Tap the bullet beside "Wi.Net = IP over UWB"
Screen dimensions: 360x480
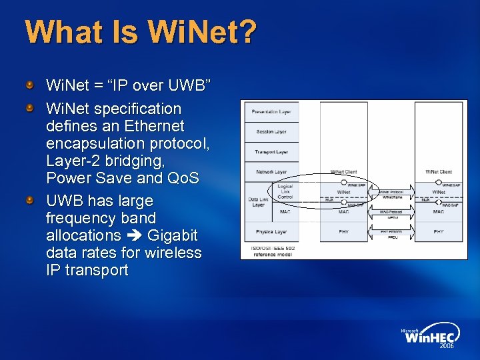click(x=29, y=87)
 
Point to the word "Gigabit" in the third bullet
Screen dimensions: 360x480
click(x=173, y=235)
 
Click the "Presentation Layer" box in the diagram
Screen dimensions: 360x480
click(x=271, y=111)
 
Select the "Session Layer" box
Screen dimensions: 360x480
click(x=271, y=132)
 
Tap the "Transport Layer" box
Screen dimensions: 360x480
click(x=271, y=152)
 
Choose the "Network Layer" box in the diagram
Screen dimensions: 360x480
click(x=271, y=172)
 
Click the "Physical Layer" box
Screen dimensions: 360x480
click(x=271, y=232)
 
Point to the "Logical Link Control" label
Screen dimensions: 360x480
click(x=285, y=192)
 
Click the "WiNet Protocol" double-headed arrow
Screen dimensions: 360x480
click(x=392, y=192)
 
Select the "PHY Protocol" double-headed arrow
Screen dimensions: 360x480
click(x=392, y=232)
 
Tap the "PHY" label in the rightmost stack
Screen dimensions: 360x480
click(x=439, y=232)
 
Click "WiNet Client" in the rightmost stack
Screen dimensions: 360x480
click(x=439, y=172)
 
